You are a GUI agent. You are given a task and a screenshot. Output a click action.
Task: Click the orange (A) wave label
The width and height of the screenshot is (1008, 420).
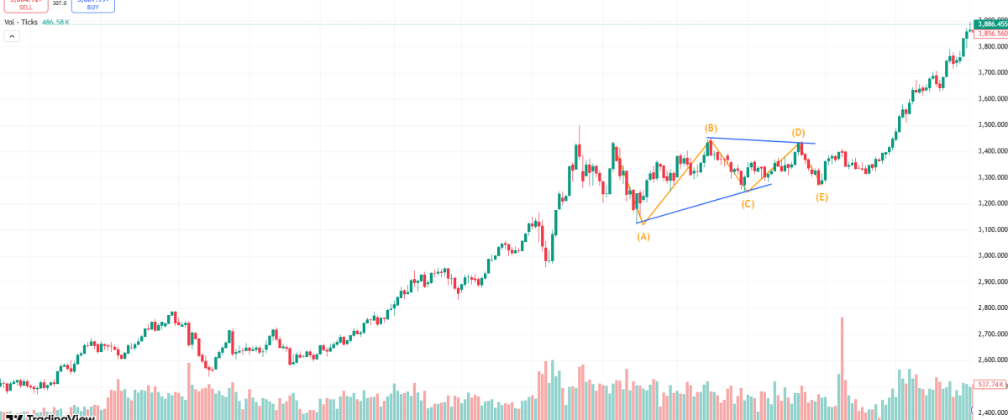point(643,237)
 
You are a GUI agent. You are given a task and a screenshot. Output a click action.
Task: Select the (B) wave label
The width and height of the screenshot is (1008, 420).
point(711,128)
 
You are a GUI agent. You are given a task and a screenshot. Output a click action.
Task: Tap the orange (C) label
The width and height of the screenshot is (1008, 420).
point(748,203)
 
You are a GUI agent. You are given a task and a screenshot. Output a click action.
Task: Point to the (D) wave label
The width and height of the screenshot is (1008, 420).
point(798,133)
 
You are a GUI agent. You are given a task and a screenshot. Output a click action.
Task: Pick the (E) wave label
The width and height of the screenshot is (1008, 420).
point(822,197)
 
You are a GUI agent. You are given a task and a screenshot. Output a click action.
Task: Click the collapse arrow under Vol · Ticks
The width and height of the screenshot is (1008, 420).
point(11,35)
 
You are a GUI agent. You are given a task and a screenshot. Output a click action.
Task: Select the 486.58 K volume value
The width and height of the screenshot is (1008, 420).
point(55,23)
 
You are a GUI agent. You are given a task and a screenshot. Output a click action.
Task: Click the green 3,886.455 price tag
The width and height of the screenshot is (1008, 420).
point(991,24)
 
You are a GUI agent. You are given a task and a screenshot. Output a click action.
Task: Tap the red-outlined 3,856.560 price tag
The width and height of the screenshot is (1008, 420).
point(991,34)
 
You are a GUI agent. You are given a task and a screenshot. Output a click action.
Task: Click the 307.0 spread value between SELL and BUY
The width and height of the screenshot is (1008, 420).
point(59,3)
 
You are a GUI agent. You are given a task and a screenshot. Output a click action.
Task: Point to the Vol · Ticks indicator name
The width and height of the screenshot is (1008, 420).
point(21,23)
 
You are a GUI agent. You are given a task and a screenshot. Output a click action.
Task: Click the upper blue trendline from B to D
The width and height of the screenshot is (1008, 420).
point(756,140)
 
